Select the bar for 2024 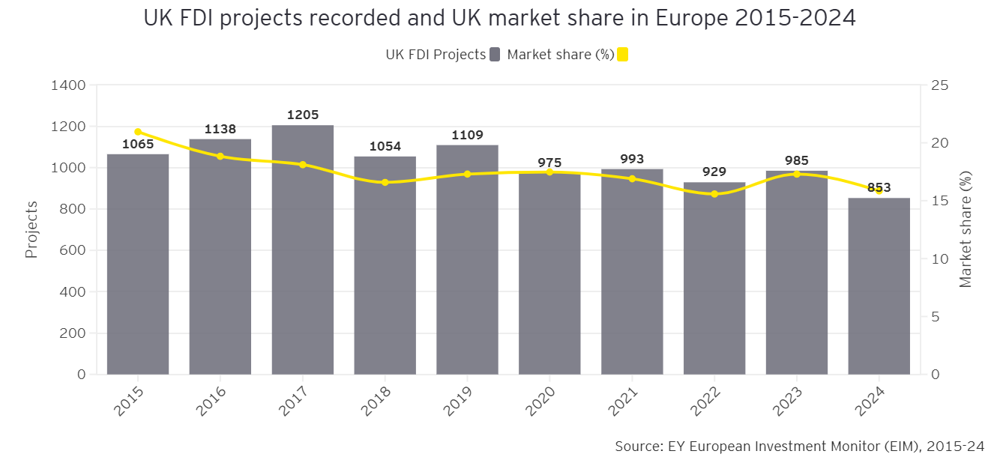(x=879, y=285)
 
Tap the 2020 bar (x=549, y=273)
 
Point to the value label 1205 (x=303, y=115)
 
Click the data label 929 (x=714, y=172)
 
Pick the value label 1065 (x=138, y=145)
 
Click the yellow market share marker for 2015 (x=138, y=132)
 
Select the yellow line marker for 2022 (x=714, y=194)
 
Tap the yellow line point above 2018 (x=385, y=182)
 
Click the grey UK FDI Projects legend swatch (x=494, y=55)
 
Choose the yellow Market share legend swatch (x=622, y=55)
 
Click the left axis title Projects (x=31, y=229)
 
